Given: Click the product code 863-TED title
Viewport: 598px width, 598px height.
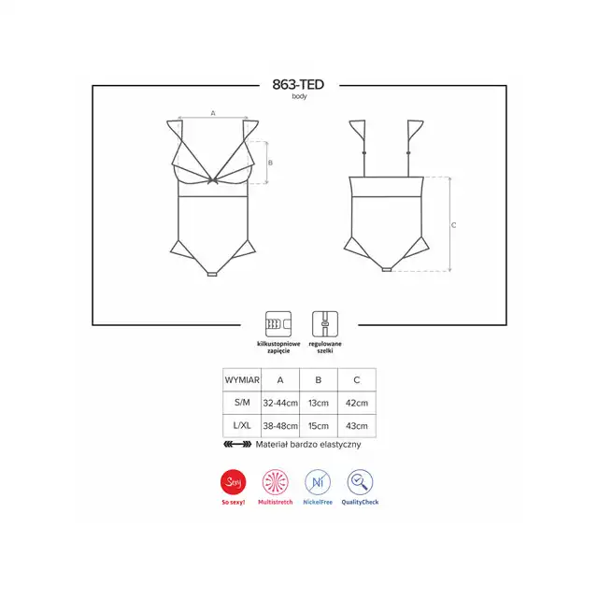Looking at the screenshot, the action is (x=298, y=84).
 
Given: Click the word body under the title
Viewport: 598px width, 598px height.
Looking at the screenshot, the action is (x=299, y=96).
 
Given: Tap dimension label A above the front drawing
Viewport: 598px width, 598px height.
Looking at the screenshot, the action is (x=213, y=113).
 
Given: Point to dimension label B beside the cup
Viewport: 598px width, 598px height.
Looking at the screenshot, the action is (x=270, y=163).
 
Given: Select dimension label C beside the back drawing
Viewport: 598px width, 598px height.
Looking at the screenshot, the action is (x=454, y=225).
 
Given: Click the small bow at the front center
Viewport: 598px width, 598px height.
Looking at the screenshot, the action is (x=213, y=180).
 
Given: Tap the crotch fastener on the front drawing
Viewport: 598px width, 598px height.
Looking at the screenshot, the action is (x=212, y=274).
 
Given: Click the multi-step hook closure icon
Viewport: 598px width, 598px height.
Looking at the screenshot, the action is (x=278, y=324).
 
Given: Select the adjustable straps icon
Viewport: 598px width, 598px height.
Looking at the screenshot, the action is (x=325, y=324).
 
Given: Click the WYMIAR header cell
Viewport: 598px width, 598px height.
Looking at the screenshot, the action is (x=242, y=380).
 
